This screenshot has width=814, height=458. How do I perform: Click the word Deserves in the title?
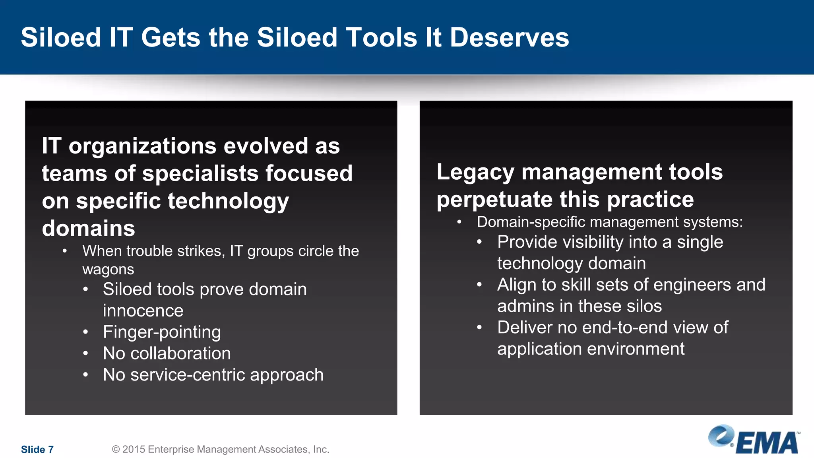[509, 37]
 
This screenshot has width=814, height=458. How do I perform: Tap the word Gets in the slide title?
[171, 37]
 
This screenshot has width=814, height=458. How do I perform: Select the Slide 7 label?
[37, 449]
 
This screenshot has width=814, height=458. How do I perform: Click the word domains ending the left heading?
[88, 228]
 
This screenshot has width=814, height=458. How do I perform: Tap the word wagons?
[108, 270]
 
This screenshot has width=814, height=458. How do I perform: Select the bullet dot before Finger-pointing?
[85, 332]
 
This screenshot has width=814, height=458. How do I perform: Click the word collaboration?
[180, 353]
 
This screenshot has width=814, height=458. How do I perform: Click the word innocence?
[143, 311]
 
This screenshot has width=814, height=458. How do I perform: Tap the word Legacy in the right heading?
[475, 172]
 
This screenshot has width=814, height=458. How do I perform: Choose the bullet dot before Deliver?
[479, 328]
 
